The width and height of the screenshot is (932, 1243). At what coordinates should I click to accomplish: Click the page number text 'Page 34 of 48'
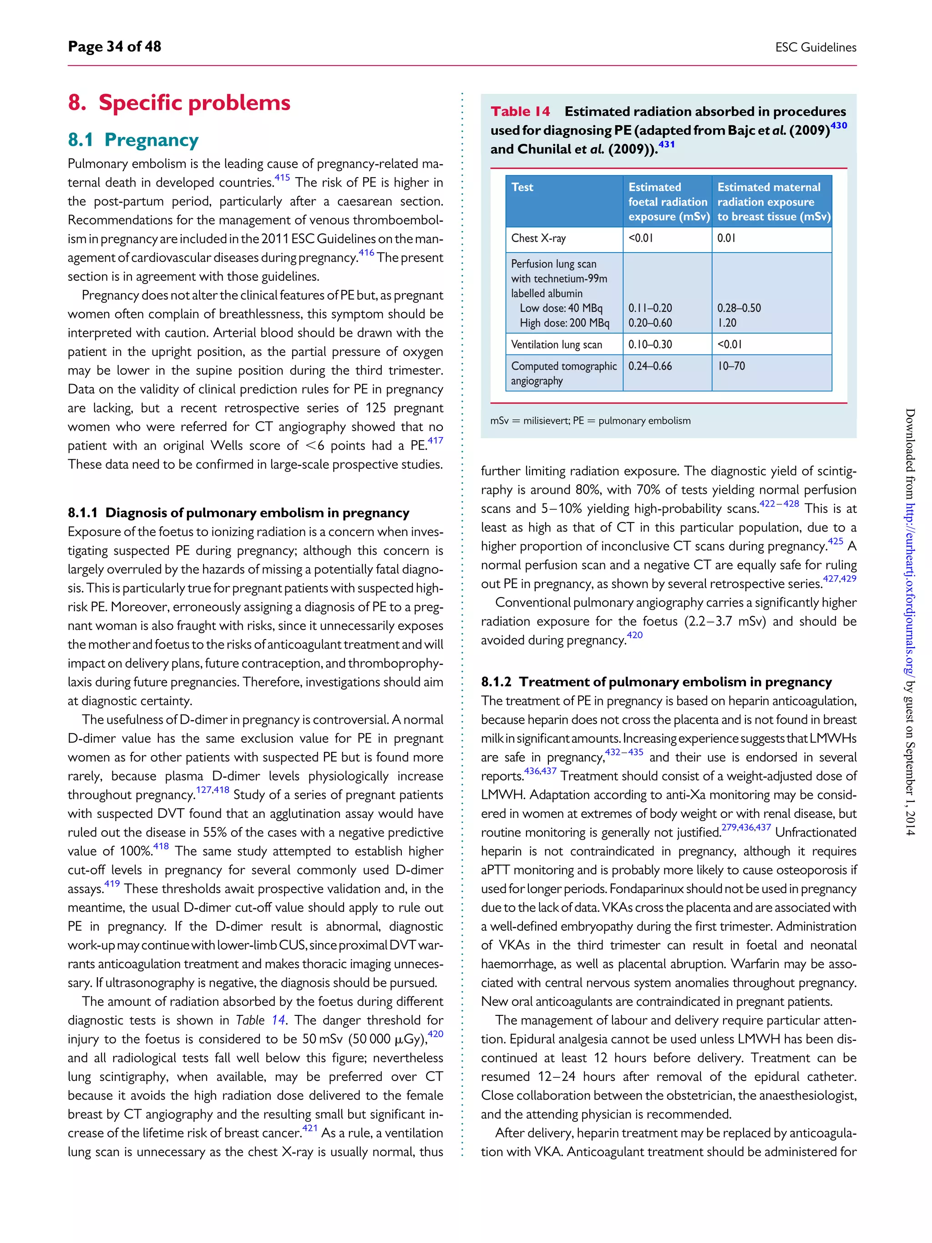tap(114, 46)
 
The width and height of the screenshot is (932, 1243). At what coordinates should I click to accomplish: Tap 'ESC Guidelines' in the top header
tap(815, 47)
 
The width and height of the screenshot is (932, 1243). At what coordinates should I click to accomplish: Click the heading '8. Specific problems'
tap(179, 103)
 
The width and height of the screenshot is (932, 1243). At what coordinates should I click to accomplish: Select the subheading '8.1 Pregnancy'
tap(133, 139)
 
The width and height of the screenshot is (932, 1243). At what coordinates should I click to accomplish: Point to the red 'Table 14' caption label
tap(520, 111)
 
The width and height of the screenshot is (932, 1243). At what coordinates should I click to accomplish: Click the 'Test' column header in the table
tap(522, 187)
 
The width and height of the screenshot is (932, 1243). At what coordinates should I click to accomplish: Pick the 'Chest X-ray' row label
tap(538, 238)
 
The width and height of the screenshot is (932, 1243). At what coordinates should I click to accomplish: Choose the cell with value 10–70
tap(731, 366)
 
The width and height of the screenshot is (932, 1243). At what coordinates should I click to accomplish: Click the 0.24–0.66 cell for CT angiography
tap(649, 366)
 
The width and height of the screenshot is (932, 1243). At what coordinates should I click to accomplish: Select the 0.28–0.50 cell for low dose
tap(739, 308)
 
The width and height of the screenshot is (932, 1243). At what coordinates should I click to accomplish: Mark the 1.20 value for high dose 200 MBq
tap(726, 323)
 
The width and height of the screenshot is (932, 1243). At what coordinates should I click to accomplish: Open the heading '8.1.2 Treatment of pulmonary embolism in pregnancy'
tap(656, 682)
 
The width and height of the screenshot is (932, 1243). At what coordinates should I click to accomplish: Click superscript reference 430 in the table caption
tap(838, 125)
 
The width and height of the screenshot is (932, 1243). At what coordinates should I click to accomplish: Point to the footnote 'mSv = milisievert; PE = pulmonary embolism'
tap(590, 421)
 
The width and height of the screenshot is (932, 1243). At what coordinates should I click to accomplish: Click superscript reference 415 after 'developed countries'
tap(282, 178)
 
